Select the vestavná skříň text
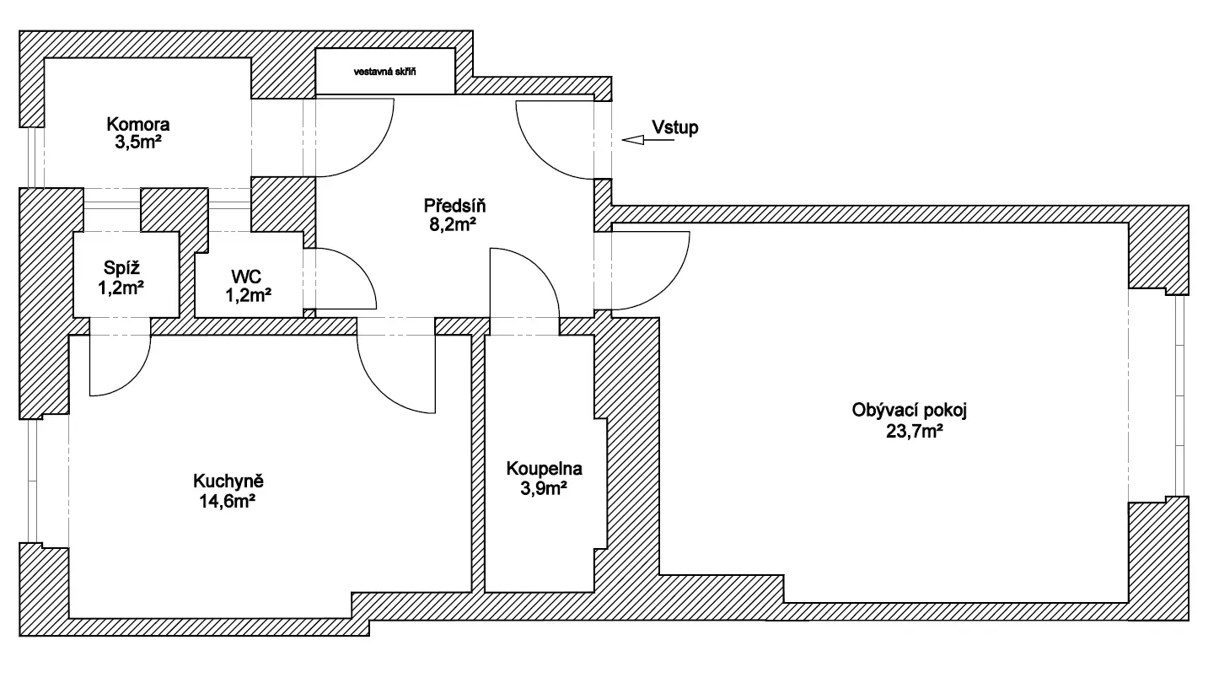pos(385,72)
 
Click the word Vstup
pos(675,127)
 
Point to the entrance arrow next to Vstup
pos(647,141)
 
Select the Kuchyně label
pos(229,481)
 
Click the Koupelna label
pos(544,468)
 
